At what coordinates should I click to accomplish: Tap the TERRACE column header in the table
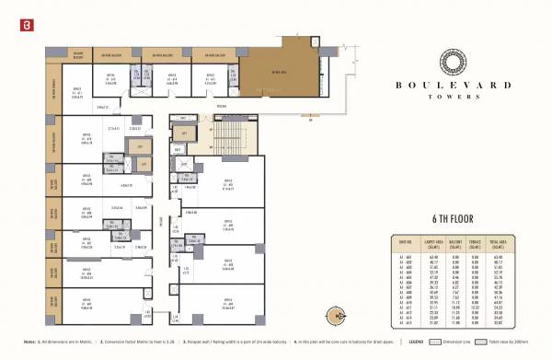(477, 243)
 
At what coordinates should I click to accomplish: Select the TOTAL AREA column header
(500, 243)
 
